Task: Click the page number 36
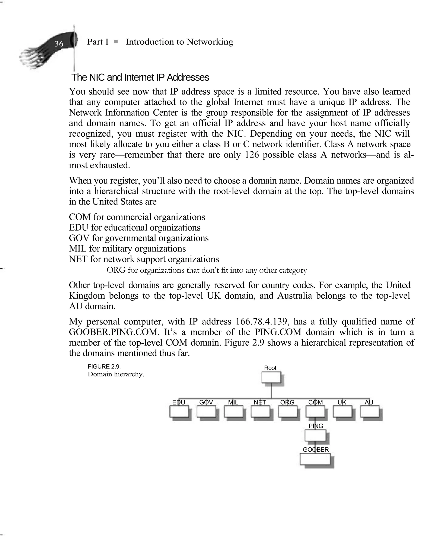(59, 44)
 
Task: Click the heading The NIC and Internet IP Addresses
(140, 77)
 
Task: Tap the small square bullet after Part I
(115, 42)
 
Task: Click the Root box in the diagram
(271, 377)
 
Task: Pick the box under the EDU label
(179, 412)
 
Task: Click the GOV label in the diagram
(206, 402)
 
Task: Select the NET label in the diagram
(259, 402)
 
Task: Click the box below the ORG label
(287, 412)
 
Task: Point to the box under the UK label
(342, 412)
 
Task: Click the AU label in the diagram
(369, 402)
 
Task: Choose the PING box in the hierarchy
(315, 435)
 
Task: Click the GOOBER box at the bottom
(315, 459)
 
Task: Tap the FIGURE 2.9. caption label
(104, 367)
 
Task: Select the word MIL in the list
(77, 249)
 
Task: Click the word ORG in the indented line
(116, 270)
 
